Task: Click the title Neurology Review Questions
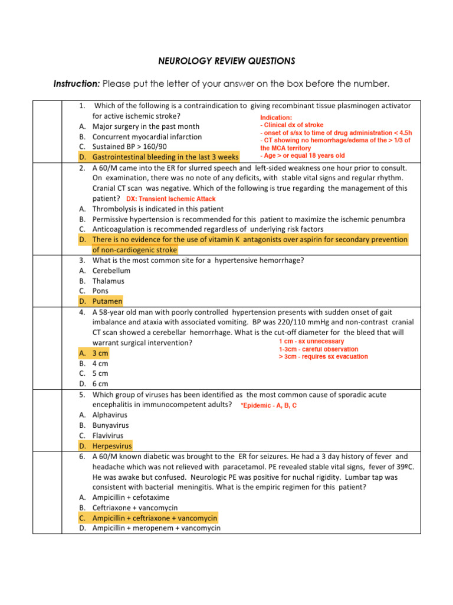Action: (x=226, y=61)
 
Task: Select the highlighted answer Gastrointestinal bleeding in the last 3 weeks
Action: (x=165, y=157)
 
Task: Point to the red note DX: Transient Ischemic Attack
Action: (x=171, y=199)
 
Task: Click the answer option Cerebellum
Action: (x=111, y=271)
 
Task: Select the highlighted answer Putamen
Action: (x=107, y=301)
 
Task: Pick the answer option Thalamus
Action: (x=108, y=281)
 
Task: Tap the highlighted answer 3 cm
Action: (x=100, y=353)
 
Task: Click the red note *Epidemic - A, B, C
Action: (x=268, y=405)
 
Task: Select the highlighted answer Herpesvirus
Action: (x=112, y=446)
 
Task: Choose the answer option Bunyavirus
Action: (x=110, y=425)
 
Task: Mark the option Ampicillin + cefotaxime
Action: (x=130, y=497)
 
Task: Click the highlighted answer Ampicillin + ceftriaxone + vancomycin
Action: (x=155, y=518)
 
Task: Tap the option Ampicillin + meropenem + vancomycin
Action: (x=156, y=528)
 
